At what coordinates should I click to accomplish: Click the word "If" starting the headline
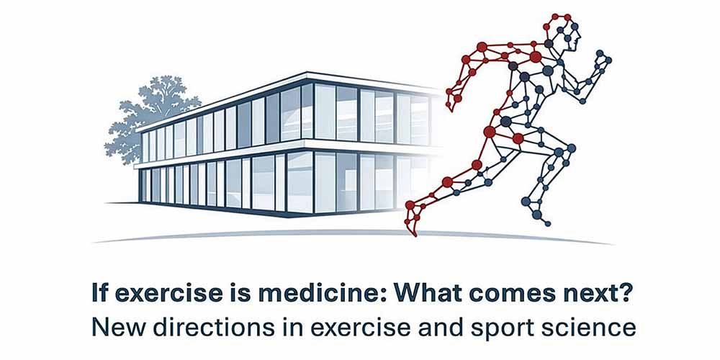[99, 294]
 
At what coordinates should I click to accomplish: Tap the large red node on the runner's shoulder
[536, 57]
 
